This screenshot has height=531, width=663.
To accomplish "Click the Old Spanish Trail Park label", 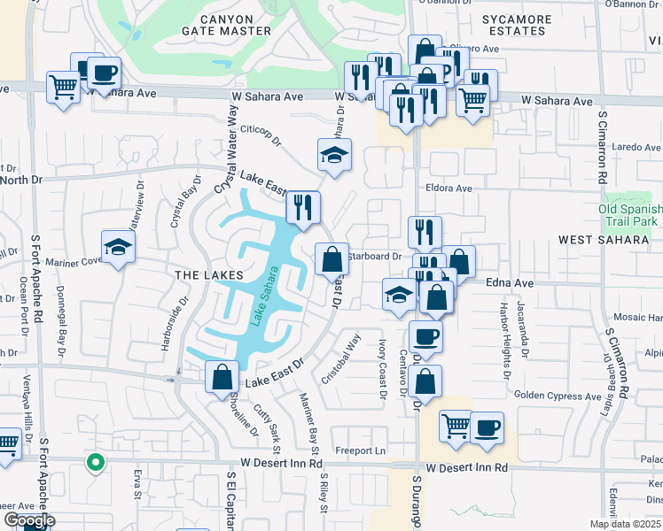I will [630, 213].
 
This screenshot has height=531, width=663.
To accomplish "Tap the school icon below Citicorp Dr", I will [334, 155].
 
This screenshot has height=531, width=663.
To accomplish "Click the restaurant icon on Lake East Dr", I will [303, 208].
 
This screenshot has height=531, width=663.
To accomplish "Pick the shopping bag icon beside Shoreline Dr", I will [222, 377].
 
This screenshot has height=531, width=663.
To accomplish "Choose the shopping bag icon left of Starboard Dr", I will [331, 259].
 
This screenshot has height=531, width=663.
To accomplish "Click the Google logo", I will [29, 520].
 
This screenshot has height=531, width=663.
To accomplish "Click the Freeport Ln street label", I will [362, 450].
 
